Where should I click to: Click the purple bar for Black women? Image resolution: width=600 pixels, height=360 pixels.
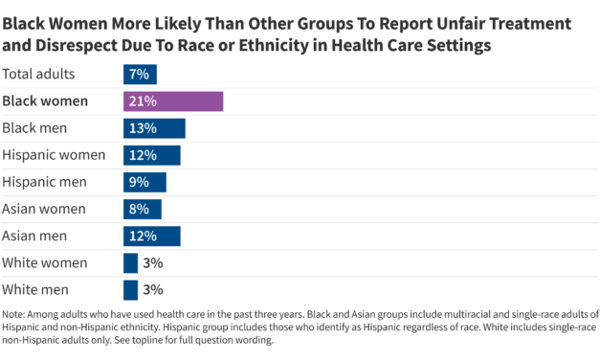[x=172, y=101]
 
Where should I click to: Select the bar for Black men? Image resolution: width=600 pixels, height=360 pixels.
[x=153, y=128]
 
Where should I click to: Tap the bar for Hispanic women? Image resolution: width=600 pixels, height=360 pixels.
[x=151, y=155]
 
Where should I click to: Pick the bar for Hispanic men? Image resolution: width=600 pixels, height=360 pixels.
[x=144, y=182]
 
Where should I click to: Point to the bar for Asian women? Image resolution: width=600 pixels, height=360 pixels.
[x=142, y=209]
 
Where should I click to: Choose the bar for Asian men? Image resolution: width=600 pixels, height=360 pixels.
[x=151, y=236]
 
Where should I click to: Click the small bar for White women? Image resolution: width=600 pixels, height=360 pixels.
[x=130, y=262]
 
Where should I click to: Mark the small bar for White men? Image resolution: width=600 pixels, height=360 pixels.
[x=130, y=289]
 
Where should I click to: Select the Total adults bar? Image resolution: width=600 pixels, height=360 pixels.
[x=140, y=75]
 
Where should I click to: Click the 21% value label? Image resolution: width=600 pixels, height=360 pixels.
[x=144, y=101]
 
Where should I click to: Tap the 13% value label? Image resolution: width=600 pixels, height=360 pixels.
[x=144, y=128]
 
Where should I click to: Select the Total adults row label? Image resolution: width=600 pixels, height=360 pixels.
[x=39, y=75]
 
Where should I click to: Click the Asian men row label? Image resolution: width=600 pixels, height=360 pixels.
[x=35, y=236]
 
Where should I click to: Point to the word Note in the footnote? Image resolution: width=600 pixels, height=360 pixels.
[x=16, y=314]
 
